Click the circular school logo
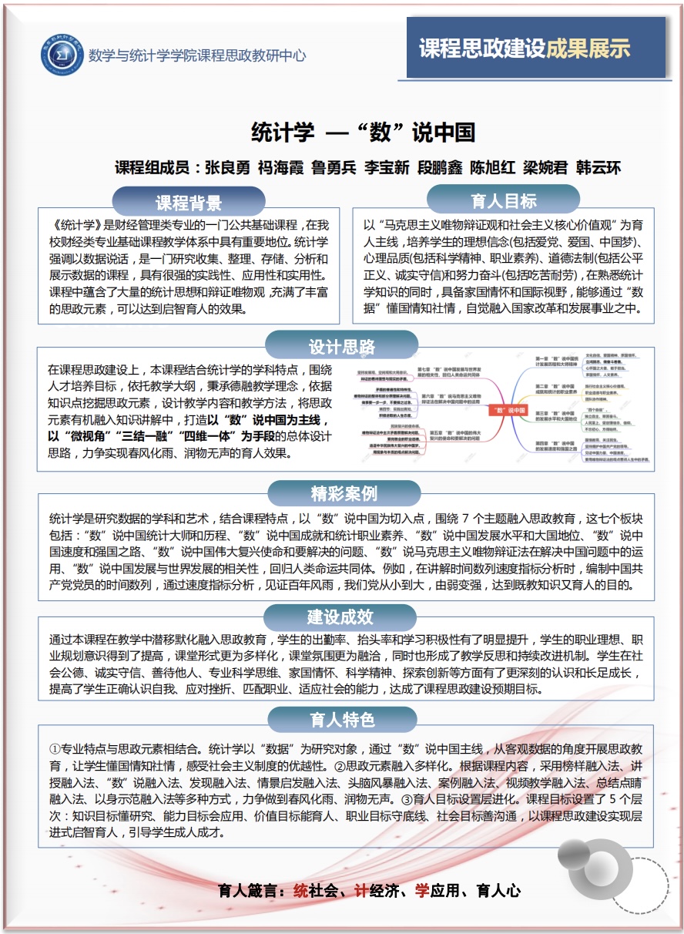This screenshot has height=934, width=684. pyautogui.click(x=62, y=55)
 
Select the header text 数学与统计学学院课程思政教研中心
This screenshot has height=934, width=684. pyautogui.click(x=197, y=55)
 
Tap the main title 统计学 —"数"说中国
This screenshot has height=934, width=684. pyautogui.click(x=364, y=132)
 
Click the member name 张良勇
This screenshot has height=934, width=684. pyautogui.click(x=230, y=168)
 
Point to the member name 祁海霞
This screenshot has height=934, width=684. pyautogui.click(x=283, y=168)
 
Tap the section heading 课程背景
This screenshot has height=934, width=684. pyautogui.click(x=189, y=203)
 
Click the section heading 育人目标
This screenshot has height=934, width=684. pyautogui.click(x=504, y=201)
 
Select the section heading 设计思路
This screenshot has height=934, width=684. pyautogui.click(x=342, y=346)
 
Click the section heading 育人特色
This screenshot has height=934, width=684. pyautogui.click(x=342, y=720)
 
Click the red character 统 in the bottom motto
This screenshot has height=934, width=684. pyautogui.click(x=300, y=892)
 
